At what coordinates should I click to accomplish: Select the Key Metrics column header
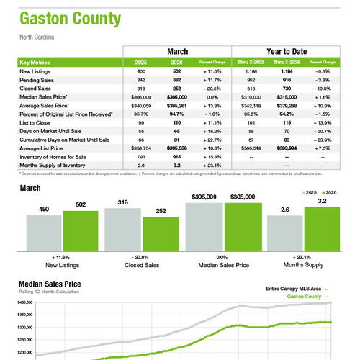(37, 63)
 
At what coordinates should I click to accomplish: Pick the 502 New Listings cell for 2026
(177, 71)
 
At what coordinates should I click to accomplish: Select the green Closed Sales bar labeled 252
(160, 235)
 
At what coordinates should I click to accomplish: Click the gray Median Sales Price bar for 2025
(204, 228)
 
